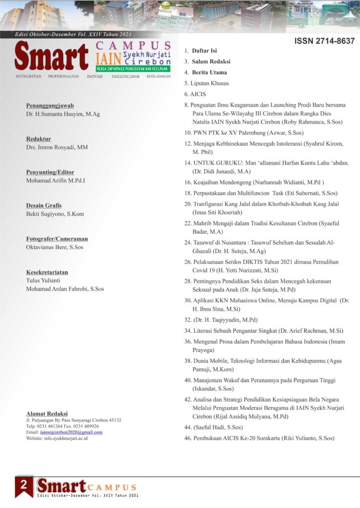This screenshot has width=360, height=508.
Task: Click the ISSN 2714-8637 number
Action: (324, 41)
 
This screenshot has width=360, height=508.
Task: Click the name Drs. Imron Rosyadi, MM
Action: (57, 147)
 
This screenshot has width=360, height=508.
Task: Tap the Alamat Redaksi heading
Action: (47, 413)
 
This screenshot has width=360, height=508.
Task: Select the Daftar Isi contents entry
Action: (204, 51)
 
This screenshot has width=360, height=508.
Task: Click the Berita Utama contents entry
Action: (209, 72)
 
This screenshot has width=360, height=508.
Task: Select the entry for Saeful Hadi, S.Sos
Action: (217, 427)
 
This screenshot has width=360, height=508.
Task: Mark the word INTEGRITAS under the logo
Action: (28, 77)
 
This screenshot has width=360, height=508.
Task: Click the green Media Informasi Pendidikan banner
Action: (133, 68)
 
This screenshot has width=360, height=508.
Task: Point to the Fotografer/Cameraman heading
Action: (57, 238)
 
